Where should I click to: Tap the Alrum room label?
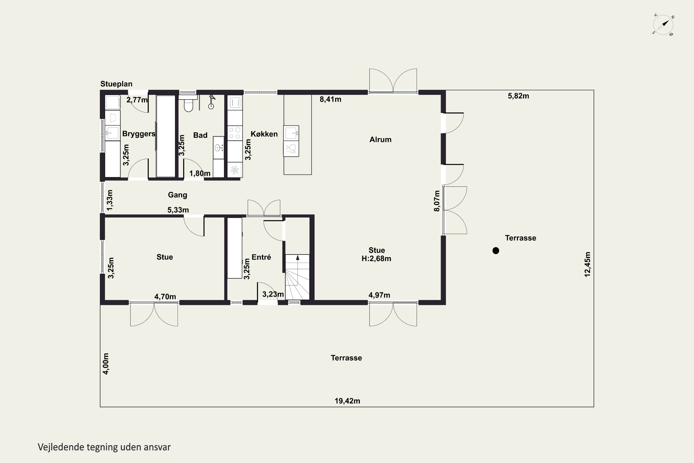point(380,140)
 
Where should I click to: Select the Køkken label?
point(264,134)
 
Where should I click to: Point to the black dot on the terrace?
point(496,251)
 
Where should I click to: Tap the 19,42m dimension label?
point(347,401)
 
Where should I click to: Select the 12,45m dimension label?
point(588,264)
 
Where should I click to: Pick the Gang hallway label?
point(177,195)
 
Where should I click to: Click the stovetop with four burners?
point(235,133)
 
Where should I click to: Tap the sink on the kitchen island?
point(291,133)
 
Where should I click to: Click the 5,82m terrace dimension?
point(518,96)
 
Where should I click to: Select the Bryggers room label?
point(139,134)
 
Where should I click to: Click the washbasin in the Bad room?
point(218,147)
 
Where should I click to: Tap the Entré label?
point(261,257)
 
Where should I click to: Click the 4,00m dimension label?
point(106,364)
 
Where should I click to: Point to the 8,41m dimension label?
point(331,100)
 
